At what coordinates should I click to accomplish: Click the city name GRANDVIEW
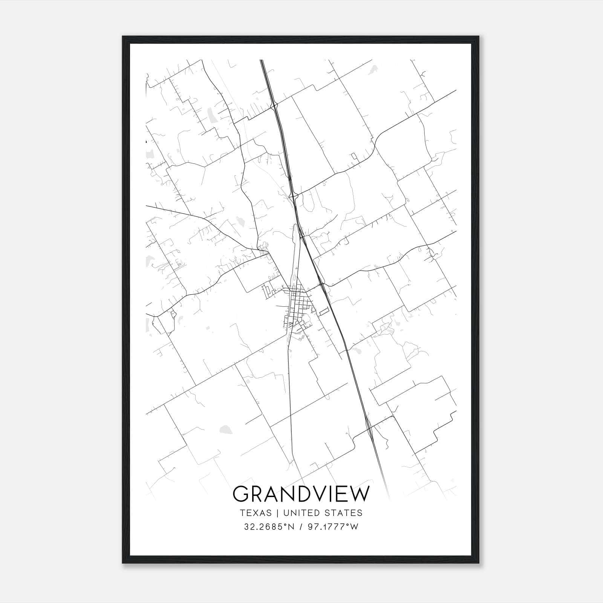tap(301, 494)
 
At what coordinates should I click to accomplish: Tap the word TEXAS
tap(255, 513)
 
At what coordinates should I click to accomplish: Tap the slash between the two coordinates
tap(300, 527)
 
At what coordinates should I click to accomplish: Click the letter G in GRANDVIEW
tap(242, 494)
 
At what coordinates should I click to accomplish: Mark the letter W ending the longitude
tap(354, 527)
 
